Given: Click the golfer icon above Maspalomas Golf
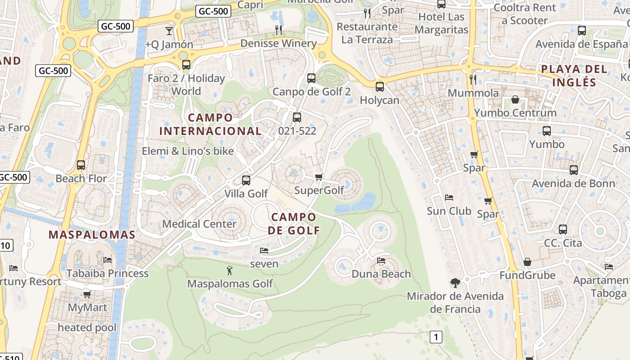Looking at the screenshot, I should coord(229,271).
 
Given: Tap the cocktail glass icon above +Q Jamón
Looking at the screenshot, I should coord(169,31).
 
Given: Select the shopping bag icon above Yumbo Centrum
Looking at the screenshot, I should coord(515,99).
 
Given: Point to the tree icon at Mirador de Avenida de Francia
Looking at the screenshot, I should coord(455,283).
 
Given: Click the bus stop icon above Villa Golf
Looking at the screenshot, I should coord(246,180).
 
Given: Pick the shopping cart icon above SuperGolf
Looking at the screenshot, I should coord(319,177).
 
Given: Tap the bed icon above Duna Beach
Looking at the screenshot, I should coord(381,261).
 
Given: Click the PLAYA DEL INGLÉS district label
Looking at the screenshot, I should coord(574,76).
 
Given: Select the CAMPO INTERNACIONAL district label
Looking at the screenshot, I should coord(210,124).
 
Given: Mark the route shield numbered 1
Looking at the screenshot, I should coord(436,337).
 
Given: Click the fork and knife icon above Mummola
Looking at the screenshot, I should coord(472,80).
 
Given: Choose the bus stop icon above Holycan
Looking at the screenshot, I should coord(380,86).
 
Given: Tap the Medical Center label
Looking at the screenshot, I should coord(199,224).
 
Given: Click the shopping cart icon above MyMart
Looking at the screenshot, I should coord(87,294).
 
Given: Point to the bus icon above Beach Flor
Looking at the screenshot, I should coord(81,165).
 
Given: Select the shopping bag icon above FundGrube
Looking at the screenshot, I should coord(527,262).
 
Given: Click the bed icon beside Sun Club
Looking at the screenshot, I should coord(449,198).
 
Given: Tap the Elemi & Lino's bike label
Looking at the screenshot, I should coord(188,151).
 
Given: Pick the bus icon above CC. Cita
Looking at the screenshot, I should coord(563,229).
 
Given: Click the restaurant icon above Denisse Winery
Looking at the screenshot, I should coord(279,30).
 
